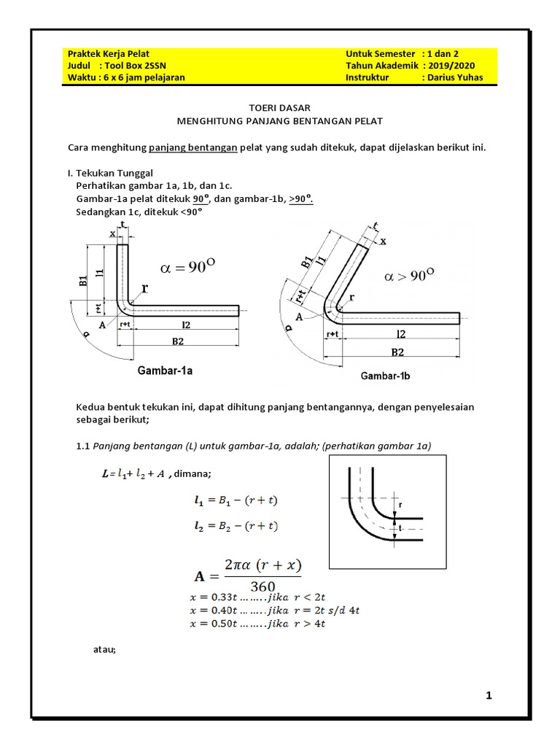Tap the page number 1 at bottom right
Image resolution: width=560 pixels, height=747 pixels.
click(x=489, y=696)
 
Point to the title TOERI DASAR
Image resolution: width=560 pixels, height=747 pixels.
click(x=281, y=107)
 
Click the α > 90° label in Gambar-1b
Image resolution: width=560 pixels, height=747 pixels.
click(x=408, y=276)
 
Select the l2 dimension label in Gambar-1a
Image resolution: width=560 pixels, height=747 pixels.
click(x=186, y=323)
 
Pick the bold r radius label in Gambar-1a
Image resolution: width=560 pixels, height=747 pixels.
click(x=144, y=288)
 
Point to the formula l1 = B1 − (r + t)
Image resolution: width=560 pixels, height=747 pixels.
click(x=236, y=500)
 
